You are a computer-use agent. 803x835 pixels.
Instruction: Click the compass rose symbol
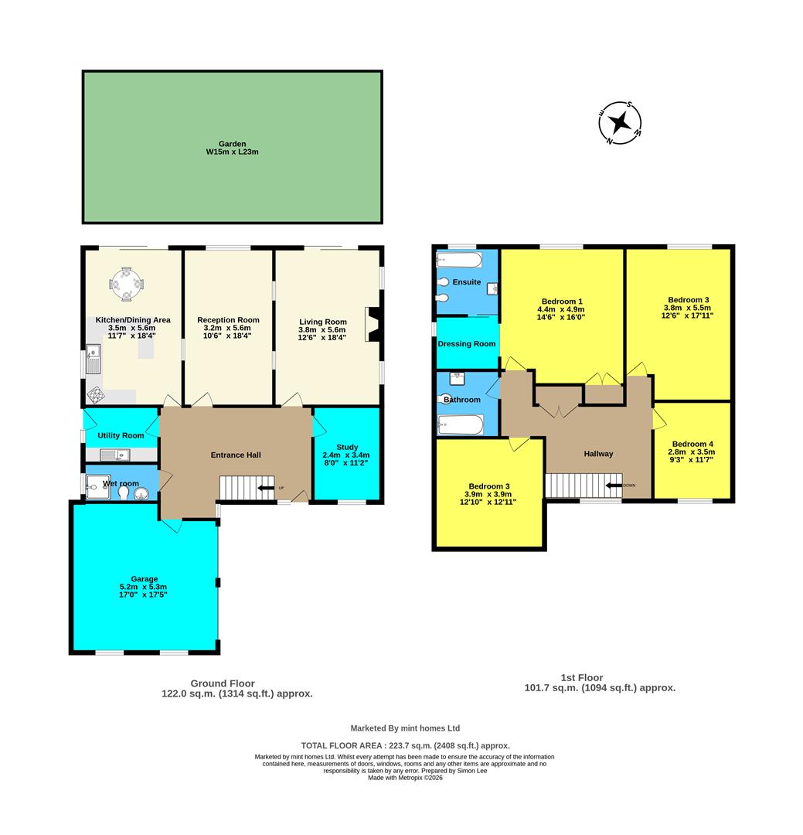(x=620, y=123)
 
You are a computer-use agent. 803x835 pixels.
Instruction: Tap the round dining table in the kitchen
(x=127, y=284)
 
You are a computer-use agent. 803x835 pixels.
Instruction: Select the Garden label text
(x=232, y=144)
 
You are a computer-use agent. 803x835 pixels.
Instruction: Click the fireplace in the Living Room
(x=373, y=324)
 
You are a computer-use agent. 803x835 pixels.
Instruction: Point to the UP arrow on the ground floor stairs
(x=266, y=488)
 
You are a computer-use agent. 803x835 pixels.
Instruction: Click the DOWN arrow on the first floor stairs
(x=614, y=485)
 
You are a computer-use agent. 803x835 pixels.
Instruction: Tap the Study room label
(x=347, y=448)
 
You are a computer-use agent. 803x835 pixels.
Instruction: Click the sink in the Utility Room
(x=115, y=455)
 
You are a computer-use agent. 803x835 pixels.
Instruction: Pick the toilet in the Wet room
(x=123, y=493)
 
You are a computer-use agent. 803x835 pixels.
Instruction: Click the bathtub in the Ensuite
(x=459, y=260)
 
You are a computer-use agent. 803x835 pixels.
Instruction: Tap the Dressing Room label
(x=467, y=343)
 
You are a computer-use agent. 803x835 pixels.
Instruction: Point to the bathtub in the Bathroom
(x=460, y=425)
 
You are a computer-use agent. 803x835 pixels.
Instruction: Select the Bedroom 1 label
(x=562, y=302)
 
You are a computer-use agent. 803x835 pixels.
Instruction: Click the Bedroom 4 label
(x=692, y=444)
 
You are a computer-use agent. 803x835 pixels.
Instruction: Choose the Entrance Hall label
(x=236, y=455)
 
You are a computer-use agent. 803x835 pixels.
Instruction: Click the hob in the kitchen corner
(x=96, y=394)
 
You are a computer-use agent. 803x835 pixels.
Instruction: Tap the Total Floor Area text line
(x=405, y=745)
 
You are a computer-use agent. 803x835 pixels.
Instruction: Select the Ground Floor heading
(x=223, y=683)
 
